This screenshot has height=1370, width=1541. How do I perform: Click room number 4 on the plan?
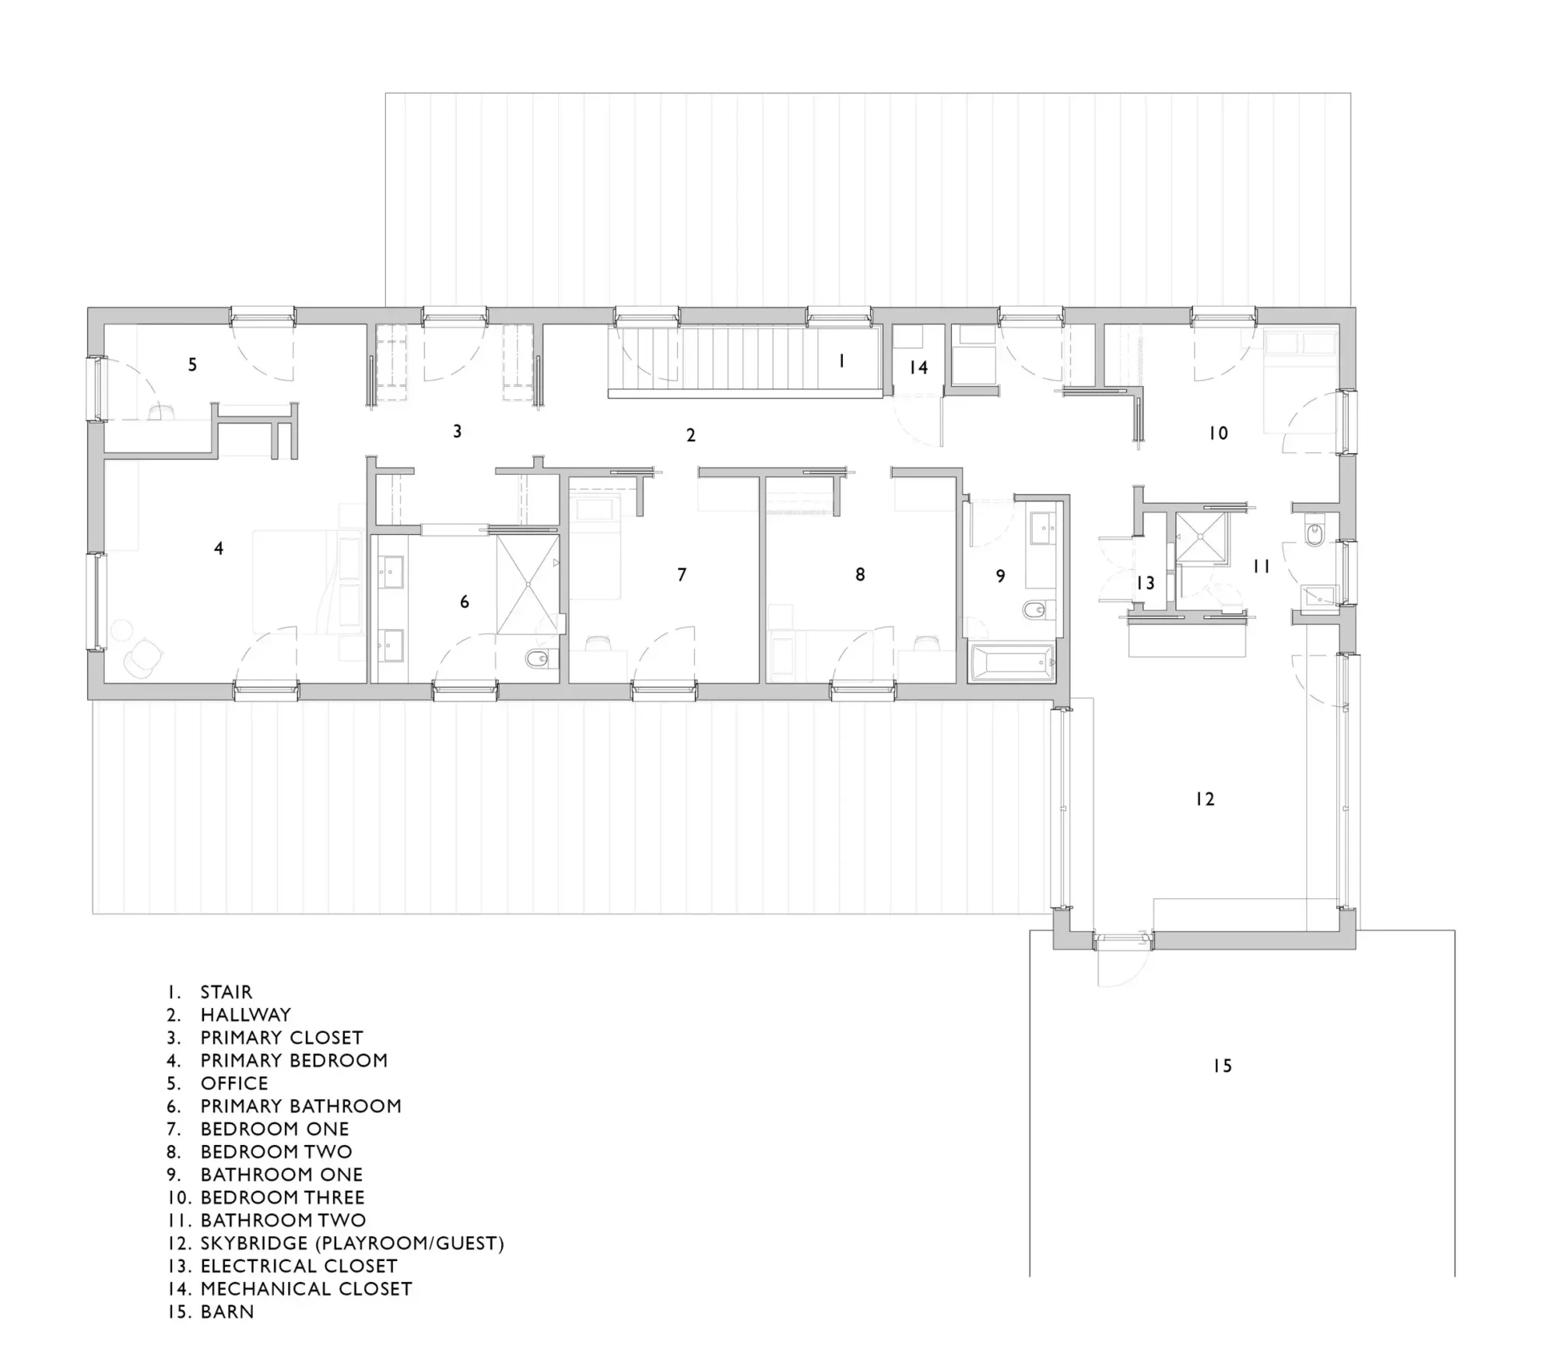click(219, 549)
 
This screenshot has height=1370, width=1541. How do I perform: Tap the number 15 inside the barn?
click(1223, 1066)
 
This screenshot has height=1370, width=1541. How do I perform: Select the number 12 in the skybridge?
click(1205, 799)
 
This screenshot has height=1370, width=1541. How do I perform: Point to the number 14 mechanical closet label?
click(918, 367)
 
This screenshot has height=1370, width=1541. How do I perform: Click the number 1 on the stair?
click(841, 361)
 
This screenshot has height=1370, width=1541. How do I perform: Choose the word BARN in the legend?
click(227, 1312)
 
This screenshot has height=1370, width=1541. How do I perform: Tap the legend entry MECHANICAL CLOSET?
click(306, 1289)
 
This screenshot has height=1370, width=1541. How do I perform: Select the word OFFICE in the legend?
click(234, 1084)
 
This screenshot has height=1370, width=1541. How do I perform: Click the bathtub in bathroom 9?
click(1012, 662)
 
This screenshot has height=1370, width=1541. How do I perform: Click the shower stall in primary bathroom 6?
click(528, 585)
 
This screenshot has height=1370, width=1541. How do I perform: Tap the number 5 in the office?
click(192, 364)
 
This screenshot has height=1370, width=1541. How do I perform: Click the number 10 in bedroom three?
click(1218, 434)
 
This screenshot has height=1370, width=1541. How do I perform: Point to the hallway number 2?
click(690, 436)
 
